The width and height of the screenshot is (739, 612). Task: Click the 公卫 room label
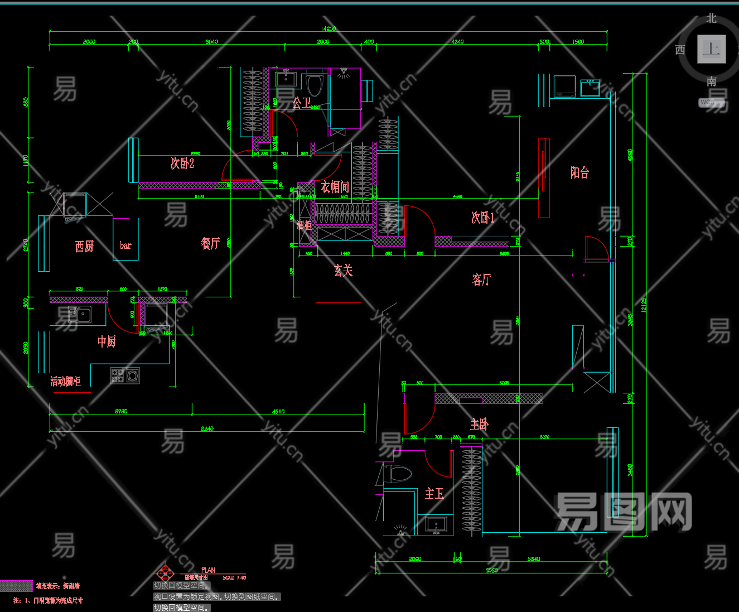tap(301, 103)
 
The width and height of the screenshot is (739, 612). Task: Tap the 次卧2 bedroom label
tap(182, 163)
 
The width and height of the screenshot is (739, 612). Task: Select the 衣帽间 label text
tap(335, 187)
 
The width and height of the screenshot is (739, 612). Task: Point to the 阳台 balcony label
tap(579, 172)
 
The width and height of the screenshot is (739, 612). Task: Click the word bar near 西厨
tap(125, 245)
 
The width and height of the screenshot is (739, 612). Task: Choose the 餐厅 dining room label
tap(210, 243)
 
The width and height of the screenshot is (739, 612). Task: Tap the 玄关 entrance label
tap(343, 271)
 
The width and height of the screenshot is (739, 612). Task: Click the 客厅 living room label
tap(481, 279)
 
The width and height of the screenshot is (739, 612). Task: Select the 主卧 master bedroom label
tap(479, 425)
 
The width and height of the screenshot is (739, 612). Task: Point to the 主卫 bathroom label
tap(434, 494)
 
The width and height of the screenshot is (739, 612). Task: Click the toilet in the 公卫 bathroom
tap(315, 85)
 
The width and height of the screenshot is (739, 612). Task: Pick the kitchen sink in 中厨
tap(80, 314)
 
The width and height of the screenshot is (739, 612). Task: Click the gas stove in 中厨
tap(125, 375)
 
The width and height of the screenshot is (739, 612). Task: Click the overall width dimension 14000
tap(328, 28)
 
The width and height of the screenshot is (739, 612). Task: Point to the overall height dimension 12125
tap(644, 305)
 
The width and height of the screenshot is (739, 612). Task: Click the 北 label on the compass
tap(711, 18)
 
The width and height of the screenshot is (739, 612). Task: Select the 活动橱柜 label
tap(65, 382)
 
